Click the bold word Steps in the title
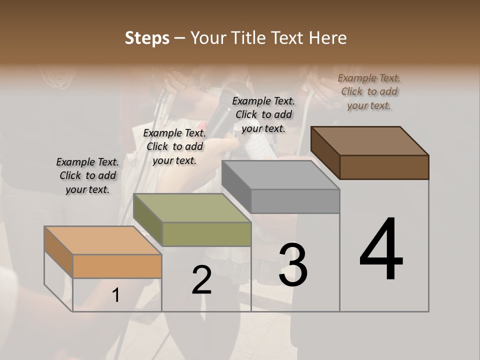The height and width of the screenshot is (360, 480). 147,38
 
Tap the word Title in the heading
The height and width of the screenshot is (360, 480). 248,38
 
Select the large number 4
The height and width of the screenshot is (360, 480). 381,249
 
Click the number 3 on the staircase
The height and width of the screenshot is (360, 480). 293,264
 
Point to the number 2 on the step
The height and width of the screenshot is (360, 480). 201,280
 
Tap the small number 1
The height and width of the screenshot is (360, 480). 116,295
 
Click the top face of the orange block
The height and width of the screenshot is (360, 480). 102,240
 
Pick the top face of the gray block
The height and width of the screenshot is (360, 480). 280,175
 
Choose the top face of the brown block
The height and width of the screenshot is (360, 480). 369,140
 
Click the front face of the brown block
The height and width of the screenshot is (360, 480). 384,167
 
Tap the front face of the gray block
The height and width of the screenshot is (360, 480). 295,201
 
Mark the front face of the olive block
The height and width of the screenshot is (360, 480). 206,234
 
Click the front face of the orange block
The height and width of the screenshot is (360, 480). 117,266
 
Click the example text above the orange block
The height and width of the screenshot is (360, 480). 87,175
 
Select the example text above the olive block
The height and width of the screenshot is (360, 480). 174,146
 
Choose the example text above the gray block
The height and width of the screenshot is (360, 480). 263,114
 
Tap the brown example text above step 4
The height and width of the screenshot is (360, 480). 369,91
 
